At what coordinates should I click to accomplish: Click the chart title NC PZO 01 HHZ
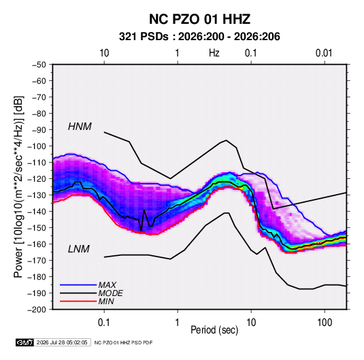pos(199,19)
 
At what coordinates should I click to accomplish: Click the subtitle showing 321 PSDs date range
pos(199,37)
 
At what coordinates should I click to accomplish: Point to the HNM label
pos(80,127)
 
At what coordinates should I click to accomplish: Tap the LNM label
pos(79,249)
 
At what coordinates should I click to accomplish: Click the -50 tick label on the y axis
pos(39,65)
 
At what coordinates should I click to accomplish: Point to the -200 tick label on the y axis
pos(37,310)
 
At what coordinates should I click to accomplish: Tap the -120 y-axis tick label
pos(37,179)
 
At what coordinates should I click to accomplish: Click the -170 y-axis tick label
pos(37,261)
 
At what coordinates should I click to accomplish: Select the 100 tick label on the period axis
pos(325,323)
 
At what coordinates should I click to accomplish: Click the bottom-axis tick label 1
pos(178,323)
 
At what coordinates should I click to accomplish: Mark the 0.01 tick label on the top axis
pos(324,53)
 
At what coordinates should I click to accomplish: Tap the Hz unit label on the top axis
pos(214,53)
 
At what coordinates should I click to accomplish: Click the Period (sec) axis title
pos(214,330)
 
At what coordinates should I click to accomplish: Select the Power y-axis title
pos(18,187)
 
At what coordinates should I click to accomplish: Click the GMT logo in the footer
pos(24,342)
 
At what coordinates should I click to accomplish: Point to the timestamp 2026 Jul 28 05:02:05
pos(62,342)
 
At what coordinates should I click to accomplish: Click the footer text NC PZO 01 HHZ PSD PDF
pos(124,342)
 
